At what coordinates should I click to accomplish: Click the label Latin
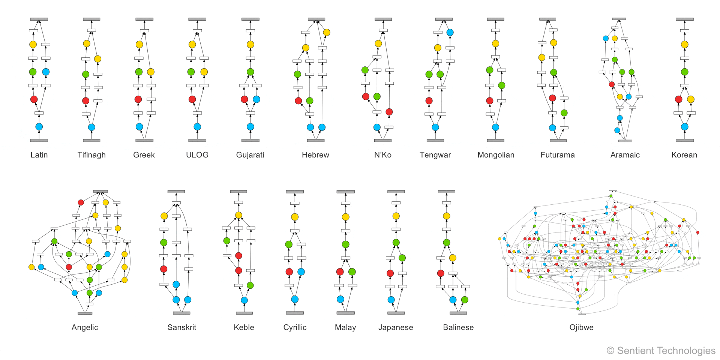[x=39, y=155]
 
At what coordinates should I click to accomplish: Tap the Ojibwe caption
[x=581, y=327]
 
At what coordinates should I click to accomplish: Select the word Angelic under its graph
[x=85, y=327]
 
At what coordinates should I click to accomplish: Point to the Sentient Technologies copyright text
[x=661, y=351]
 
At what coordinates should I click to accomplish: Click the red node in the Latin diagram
[x=34, y=99]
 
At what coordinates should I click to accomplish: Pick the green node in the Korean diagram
[x=685, y=72]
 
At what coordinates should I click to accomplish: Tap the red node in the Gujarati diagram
[x=244, y=99]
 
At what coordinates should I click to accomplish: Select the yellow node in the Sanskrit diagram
[x=164, y=216]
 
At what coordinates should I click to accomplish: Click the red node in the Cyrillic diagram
[x=289, y=272]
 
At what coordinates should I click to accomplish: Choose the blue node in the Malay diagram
[x=340, y=299]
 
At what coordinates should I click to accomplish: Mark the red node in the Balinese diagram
[x=441, y=273]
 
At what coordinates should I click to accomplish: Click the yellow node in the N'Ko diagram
[x=378, y=43]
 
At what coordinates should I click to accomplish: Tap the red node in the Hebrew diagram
[x=298, y=100]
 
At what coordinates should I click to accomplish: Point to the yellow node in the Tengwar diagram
[x=438, y=48]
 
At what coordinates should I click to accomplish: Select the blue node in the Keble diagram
[x=244, y=300]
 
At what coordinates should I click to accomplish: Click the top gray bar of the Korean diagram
[x=685, y=19]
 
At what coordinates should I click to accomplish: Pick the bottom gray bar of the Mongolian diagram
[x=496, y=141]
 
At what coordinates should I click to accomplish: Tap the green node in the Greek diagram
[x=139, y=72]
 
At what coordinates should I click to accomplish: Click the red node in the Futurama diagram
[x=552, y=98]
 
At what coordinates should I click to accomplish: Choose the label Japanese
[x=396, y=327]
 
